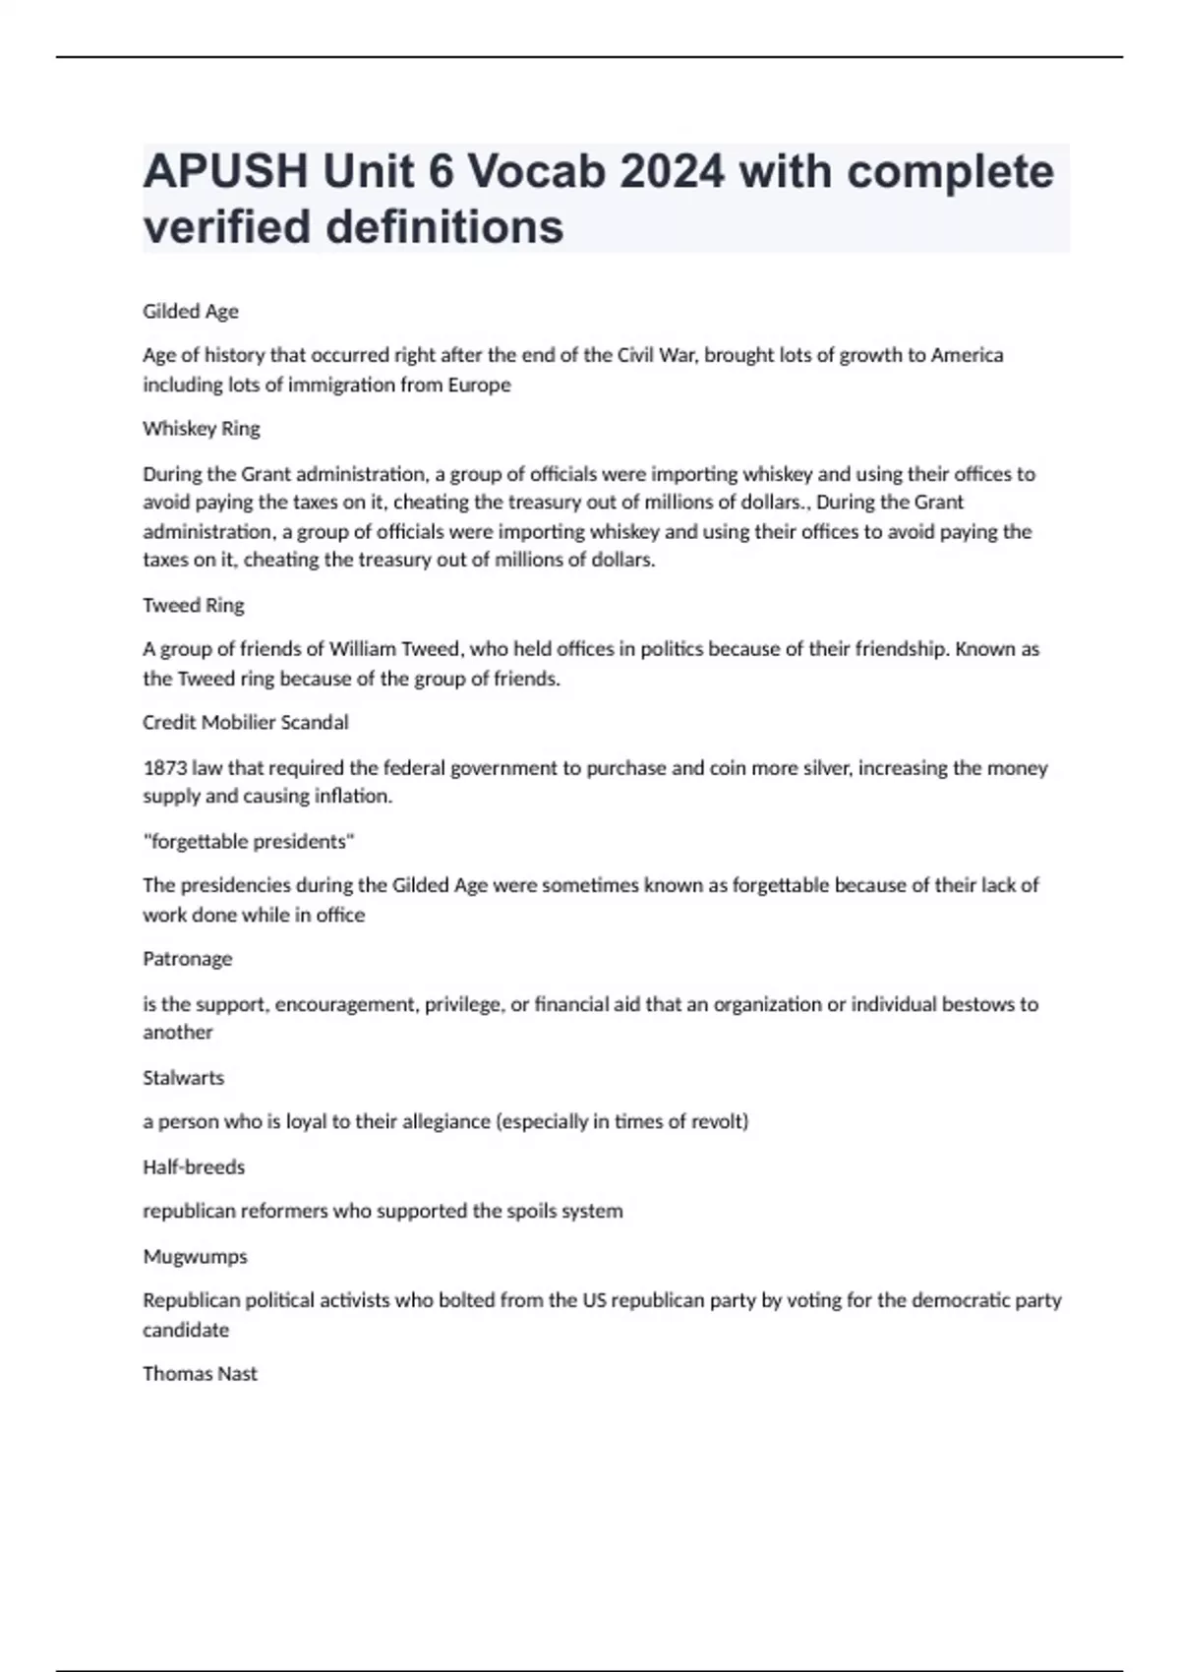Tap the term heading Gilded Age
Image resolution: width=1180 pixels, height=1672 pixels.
click(x=191, y=312)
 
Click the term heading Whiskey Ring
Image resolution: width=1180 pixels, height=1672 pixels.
click(x=202, y=429)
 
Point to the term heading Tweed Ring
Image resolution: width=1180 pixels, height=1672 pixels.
click(x=194, y=605)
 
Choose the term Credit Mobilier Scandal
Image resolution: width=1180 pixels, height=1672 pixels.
click(x=246, y=723)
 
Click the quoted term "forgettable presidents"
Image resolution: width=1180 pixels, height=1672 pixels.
click(x=249, y=842)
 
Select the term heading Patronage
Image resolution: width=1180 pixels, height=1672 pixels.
click(x=188, y=959)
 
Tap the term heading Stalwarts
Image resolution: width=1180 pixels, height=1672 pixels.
click(x=184, y=1078)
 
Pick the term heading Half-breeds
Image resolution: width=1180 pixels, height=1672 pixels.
click(x=194, y=1167)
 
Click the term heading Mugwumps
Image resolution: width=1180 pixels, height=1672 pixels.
click(x=196, y=1257)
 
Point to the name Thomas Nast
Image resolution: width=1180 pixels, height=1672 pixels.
click(x=200, y=1374)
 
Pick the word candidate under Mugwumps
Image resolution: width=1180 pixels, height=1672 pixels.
click(x=186, y=1330)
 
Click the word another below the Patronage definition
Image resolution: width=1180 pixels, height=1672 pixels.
click(x=178, y=1033)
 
